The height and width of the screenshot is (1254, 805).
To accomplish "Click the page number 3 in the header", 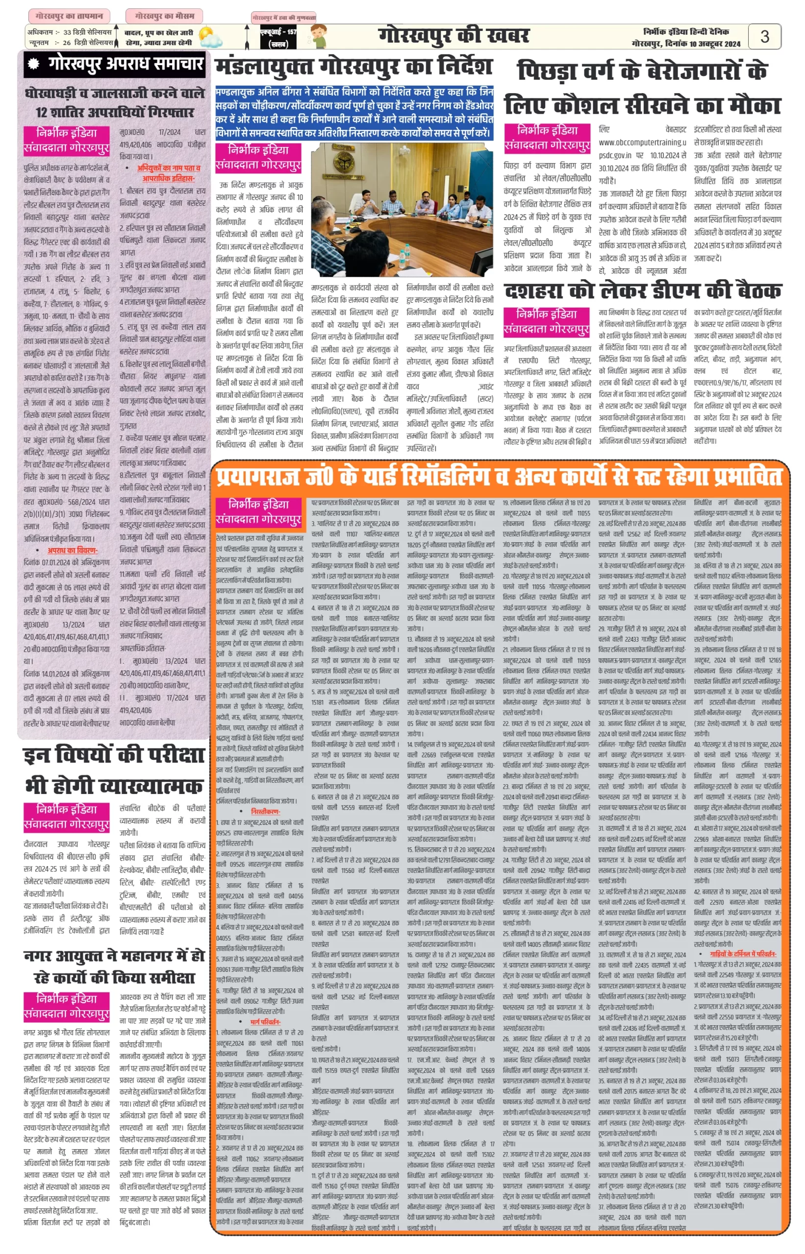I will (x=764, y=37).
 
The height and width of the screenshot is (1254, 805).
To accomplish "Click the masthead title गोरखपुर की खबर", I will (x=453, y=36).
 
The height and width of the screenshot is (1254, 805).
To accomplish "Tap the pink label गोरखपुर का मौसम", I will (x=164, y=16).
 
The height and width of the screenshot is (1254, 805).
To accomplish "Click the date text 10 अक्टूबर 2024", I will (x=715, y=44).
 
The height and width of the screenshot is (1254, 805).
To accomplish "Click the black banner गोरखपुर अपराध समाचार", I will (x=117, y=64).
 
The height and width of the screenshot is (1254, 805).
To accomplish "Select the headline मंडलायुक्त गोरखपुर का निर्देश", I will (x=354, y=66).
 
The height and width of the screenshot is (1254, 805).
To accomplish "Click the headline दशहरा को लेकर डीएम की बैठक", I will (x=642, y=291).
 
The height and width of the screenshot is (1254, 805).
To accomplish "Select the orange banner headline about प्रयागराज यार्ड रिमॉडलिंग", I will (x=499, y=476).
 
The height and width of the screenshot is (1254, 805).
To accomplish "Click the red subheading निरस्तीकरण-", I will (x=266, y=811).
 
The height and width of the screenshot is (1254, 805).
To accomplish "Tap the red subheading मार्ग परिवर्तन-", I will (x=266, y=1022).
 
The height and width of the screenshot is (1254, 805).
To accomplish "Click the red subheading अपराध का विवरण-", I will (x=72, y=550).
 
